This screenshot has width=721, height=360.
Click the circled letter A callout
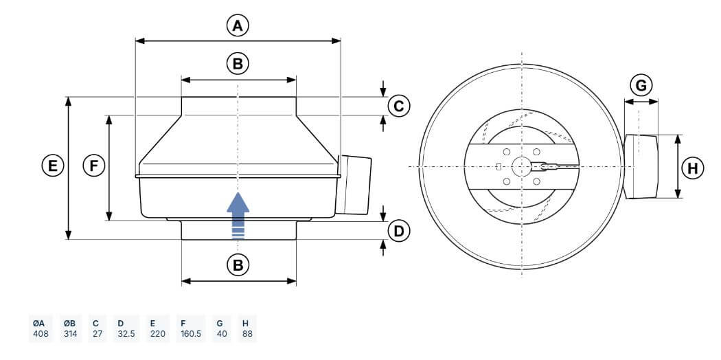[x=238, y=25]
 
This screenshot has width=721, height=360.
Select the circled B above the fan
[x=238, y=63]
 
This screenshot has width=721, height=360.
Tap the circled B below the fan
[x=238, y=265]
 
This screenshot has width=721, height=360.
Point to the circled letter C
[x=399, y=106]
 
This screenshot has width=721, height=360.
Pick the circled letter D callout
[x=399, y=231]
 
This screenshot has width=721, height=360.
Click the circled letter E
[x=53, y=166]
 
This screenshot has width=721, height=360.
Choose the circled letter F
[x=94, y=166]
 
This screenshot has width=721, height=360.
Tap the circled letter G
[x=641, y=85]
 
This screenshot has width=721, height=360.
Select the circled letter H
[x=692, y=169]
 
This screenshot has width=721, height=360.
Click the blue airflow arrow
[x=238, y=216]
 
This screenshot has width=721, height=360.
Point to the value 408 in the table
[x=41, y=334]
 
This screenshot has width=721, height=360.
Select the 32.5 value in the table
[x=126, y=334]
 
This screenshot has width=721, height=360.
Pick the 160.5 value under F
[x=191, y=334]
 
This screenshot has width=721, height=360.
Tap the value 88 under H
[x=247, y=334]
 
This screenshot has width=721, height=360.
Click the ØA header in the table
[x=38, y=323]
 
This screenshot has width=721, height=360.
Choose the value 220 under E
[x=158, y=334]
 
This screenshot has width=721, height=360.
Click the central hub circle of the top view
[x=521, y=166]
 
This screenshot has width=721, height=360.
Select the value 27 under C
[x=98, y=334]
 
